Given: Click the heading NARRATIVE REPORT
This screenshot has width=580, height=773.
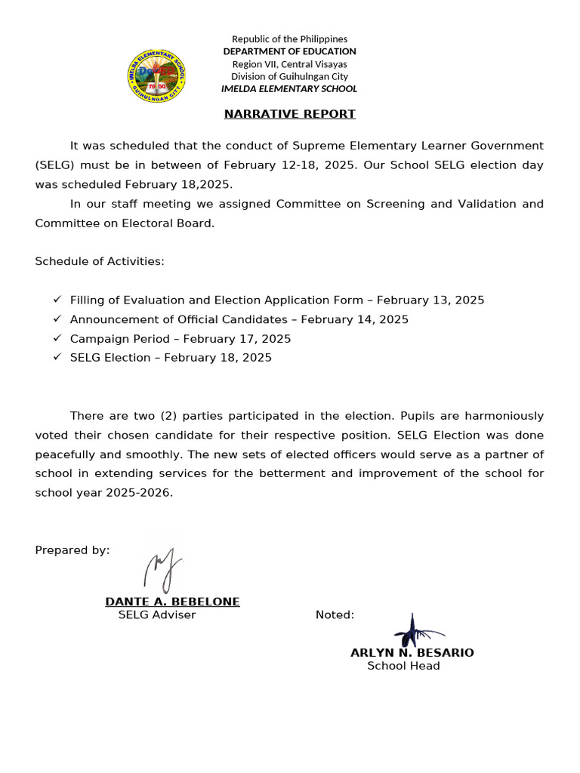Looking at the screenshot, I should coord(289,114).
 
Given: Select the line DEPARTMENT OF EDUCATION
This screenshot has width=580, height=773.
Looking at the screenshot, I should coord(289,51).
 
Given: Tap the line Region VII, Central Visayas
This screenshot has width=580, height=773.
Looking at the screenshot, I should coord(289,64).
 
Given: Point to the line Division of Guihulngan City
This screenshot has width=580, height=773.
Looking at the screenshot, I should coord(289,76).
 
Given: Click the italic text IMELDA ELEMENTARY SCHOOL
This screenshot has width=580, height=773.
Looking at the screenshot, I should coord(289,89).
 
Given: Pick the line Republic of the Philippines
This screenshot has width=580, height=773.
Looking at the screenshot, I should coord(289,38).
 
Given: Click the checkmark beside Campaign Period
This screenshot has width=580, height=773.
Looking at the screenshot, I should coord(57,338).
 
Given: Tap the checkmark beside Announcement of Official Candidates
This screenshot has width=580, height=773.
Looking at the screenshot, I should coord(57,319).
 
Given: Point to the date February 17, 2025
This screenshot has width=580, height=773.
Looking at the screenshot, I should coord(237,339).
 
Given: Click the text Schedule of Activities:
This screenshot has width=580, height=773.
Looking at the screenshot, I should coord(100,261).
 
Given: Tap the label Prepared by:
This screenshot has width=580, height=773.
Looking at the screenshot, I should coord(72,550).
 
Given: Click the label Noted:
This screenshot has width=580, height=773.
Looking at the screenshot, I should coord(335,615).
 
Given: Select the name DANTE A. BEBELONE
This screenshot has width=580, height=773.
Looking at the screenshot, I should coord(172,602).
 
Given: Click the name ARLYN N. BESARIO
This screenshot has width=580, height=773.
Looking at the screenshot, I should coord(412,653).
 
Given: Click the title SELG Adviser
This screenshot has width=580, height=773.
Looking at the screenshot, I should coord(157,615).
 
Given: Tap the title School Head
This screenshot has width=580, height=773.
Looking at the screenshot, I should coord(403,666).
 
